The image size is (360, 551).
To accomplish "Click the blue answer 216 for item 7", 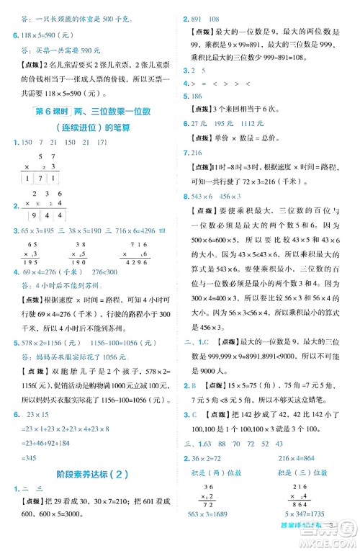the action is tap(196, 153).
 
